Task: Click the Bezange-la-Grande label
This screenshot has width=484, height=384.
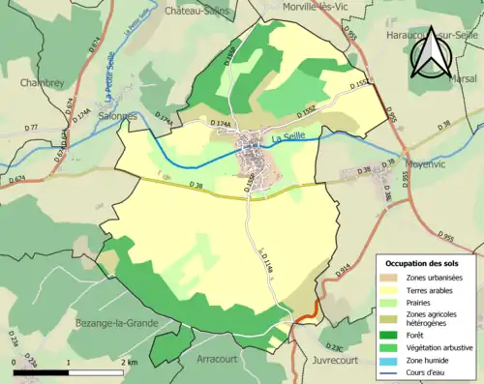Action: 112,320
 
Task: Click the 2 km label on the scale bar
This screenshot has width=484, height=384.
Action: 131,362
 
